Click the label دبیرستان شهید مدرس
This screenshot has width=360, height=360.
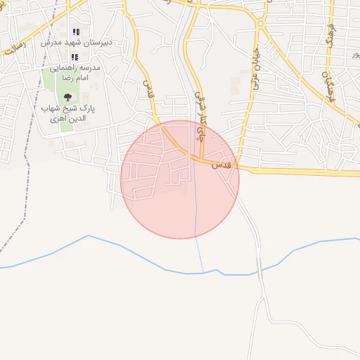tap(77, 43)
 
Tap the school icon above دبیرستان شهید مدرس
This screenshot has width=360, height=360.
tap(76, 32)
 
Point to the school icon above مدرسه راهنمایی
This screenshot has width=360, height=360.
tap(74, 57)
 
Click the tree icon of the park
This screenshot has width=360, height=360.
tap(67, 97)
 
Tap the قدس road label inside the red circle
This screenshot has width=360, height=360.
tap(222, 164)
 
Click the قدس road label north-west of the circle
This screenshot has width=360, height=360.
tap(148, 87)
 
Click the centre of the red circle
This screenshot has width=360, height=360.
tap(180, 179)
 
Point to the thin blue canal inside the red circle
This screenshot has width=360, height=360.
tap(195, 204)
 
